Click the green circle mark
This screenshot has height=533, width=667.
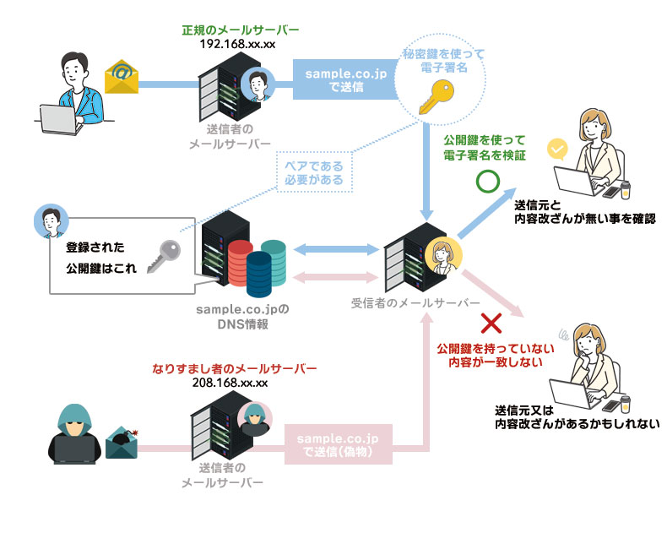tap(487, 181)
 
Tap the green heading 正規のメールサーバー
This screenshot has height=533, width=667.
tap(240, 30)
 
